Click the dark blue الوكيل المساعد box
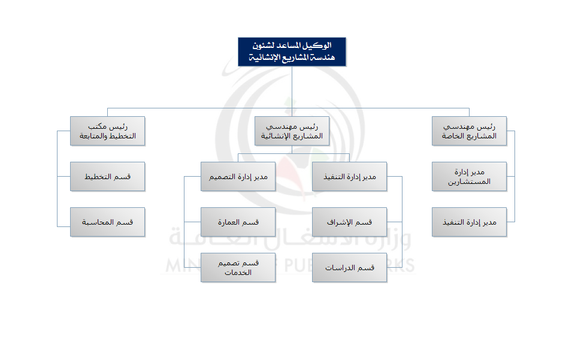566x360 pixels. coord(292,52)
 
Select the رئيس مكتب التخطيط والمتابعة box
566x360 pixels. coord(108,131)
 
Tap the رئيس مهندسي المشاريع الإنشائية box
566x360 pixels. coord(292,131)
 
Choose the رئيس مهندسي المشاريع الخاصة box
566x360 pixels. coord(469,131)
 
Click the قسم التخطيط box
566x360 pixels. coord(108,177)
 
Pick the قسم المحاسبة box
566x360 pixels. coord(108,222)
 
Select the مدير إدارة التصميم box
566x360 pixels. coord(238,177)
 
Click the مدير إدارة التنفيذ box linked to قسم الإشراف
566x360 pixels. coord(349,177)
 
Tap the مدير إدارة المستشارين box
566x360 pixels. coord(469,177)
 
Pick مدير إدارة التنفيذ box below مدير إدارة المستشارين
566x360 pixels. coord(469,222)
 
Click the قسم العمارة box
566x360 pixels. coord(238,222)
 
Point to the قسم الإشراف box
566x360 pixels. coord(349,222)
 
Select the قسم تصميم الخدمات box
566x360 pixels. coord(238,268)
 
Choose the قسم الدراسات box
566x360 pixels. coord(349,268)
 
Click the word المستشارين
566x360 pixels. coord(469,181)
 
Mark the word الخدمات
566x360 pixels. coord(238,273)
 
